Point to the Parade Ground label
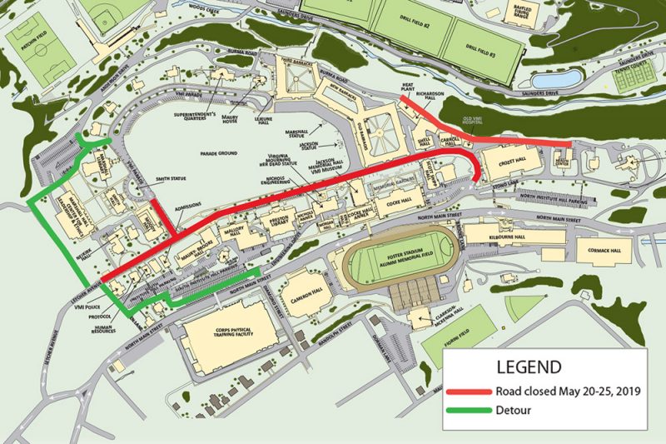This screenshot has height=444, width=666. pyautogui.click(x=214, y=154)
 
